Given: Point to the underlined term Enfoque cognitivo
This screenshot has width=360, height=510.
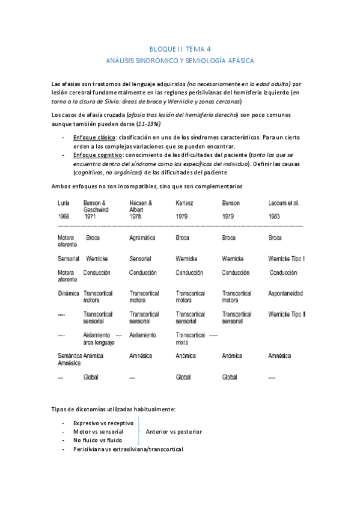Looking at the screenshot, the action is coord(97,155).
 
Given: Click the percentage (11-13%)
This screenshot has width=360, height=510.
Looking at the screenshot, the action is coord(148,123).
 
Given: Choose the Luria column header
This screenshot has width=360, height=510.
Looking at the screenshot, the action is coord(65,203).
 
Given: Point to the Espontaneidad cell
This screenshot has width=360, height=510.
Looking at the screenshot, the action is coord(285,293).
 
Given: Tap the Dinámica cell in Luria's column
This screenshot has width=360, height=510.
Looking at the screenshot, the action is coord(68,293).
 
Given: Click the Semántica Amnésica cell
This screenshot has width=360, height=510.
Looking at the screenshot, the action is coord(70,360).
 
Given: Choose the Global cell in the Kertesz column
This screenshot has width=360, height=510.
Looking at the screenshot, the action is coord(183,377).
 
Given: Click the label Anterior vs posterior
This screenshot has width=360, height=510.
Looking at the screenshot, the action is coord(174,432).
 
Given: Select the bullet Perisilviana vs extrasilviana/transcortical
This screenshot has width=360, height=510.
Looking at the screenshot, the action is coord(127,449).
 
